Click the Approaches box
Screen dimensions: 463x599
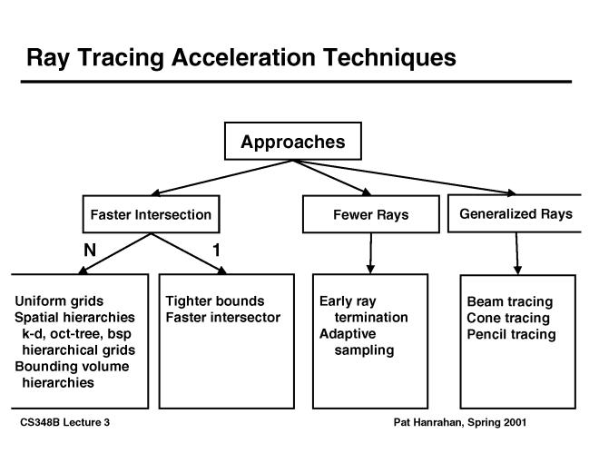click(292, 142)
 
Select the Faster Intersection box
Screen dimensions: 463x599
click(151, 215)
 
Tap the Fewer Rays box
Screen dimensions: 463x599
click(370, 215)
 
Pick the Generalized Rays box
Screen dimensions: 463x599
click(516, 214)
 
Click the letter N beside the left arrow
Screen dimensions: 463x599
click(90, 250)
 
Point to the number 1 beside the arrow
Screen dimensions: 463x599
click(216, 250)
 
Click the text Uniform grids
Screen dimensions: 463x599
click(59, 300)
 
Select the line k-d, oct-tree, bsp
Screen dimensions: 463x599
click(76, 333)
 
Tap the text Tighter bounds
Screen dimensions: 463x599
click(215, 300)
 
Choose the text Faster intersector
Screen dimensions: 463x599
click(223, 317)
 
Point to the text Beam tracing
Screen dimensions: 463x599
click(509, 301)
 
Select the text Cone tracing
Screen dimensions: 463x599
click(508, 318)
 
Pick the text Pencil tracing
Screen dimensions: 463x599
click(511, 334)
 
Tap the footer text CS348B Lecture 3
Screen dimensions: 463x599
click(64, 423)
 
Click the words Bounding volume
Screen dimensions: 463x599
click(72, 366)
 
